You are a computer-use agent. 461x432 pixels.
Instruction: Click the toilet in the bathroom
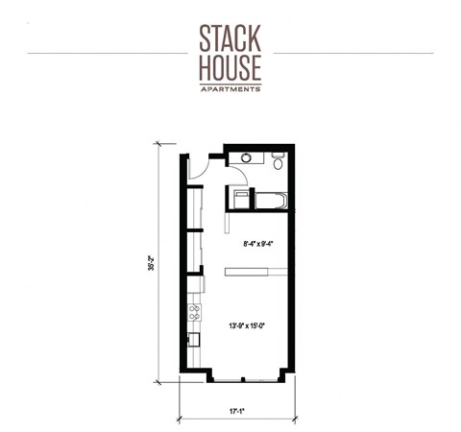[278, 162]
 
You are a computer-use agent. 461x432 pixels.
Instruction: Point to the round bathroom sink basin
[249, 157]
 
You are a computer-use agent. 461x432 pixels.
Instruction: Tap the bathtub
[266, 200]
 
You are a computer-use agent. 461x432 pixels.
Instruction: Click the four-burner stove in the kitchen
[194, 311]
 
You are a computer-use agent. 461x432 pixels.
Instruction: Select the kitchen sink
[193, 338]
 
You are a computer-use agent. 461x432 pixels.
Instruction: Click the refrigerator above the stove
[194, 286]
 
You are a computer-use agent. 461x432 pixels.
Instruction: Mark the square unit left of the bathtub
[236, 198]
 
